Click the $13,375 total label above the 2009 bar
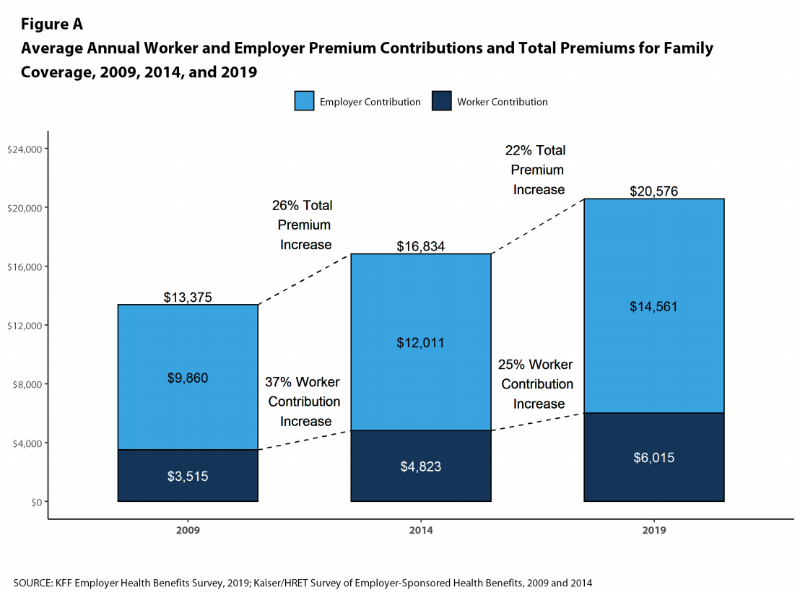(x=188, y=297)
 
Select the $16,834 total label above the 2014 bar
(x=421, y=246)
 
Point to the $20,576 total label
(x=653, y=191)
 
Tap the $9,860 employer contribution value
(x=188, y=378)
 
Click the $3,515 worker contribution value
(x=188, y=476)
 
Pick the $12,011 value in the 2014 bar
(x=421, y=342)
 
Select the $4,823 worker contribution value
(x=421, y=466)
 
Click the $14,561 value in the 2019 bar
(x=653, y=306)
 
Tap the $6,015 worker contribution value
(x=653, y=458)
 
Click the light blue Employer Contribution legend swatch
(x=304, y=101)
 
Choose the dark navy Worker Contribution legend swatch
(x=441, y=101)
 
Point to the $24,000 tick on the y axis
(x=25, y=149)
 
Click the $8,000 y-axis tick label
(x=27, y=384)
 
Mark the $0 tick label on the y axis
(x=35, y=502)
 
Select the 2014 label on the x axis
(x=421, y=531)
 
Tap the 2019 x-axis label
(x=653, y=531)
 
